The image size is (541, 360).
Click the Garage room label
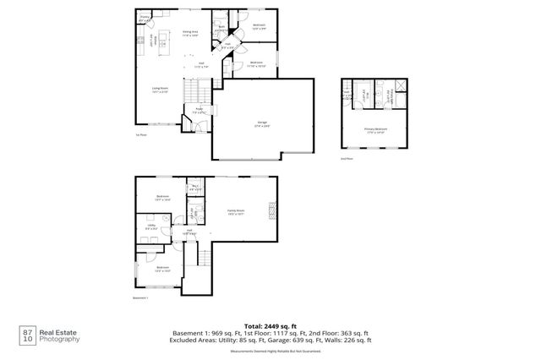click(x=262, y=123)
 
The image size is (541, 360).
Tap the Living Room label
click(x=160, y=89)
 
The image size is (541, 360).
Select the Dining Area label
click(x=191, y=33)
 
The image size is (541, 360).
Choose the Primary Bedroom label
click(x=374, y=130)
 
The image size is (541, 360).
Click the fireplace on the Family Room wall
click(x=272, y=211)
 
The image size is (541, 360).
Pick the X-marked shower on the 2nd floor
click(x=398, y=95)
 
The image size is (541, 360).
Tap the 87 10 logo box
click(x=28, y=336)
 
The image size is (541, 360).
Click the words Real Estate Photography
click(x=61, y=336)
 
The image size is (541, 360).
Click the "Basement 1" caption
click(x=141, y=297)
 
